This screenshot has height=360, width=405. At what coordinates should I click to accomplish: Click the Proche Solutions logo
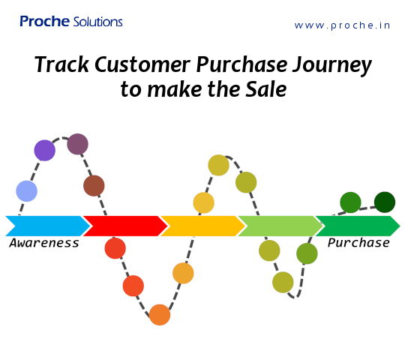[70, 22]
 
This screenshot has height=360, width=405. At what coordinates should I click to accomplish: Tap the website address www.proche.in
[342, 25]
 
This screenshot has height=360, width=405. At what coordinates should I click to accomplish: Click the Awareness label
[44, 243]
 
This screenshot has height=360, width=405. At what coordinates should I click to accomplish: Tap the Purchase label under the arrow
[358, 243]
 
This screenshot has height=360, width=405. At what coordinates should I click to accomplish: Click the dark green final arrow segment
[357, 226]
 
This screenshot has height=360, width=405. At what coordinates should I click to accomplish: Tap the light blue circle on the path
[26, 191]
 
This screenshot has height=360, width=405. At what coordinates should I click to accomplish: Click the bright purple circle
[45, 150]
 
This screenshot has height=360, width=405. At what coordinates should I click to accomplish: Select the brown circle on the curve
[94, 185]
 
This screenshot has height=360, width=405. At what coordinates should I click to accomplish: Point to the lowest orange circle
[159, 314]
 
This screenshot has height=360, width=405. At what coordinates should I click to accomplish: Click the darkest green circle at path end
[385, 202]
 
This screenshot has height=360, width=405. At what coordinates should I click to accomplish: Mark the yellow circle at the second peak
[218, 165]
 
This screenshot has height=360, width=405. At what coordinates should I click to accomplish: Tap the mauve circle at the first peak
[78, 144]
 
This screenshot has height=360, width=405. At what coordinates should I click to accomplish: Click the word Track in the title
[61, 65]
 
